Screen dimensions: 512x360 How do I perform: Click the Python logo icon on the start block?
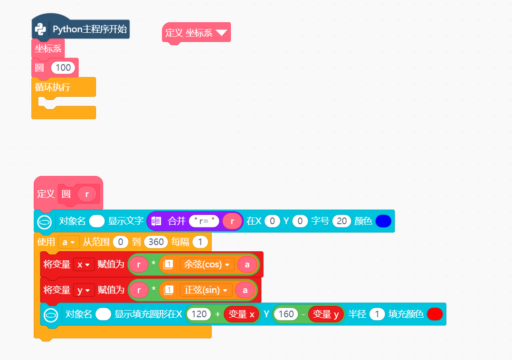(40, 29)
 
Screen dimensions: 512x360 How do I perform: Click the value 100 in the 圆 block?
(63, 67)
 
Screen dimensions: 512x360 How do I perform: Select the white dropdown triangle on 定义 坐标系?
(221, 33)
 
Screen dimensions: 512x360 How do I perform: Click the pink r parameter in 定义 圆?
(87, 194)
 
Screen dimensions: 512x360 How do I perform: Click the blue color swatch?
(383, 221)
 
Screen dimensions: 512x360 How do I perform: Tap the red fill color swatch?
(435, 314)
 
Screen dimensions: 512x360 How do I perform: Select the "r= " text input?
(204, 221)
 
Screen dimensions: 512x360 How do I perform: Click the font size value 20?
(341, 221)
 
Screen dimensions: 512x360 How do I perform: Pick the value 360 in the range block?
(156, 242)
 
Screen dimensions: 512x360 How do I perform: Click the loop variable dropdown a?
(68, 242)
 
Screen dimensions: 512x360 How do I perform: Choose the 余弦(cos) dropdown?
(207, 265)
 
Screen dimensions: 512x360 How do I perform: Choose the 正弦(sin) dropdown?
(206, 290)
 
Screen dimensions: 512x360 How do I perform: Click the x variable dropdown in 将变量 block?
(84, 265)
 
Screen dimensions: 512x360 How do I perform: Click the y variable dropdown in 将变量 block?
(84, 290)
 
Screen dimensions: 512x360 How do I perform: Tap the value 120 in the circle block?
(199, 314)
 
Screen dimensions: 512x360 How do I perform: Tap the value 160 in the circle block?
(286, 314)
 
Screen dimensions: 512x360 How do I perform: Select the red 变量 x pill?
(241, 314)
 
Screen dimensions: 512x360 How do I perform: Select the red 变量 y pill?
(326, 314)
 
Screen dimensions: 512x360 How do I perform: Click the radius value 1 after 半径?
(377, 314)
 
